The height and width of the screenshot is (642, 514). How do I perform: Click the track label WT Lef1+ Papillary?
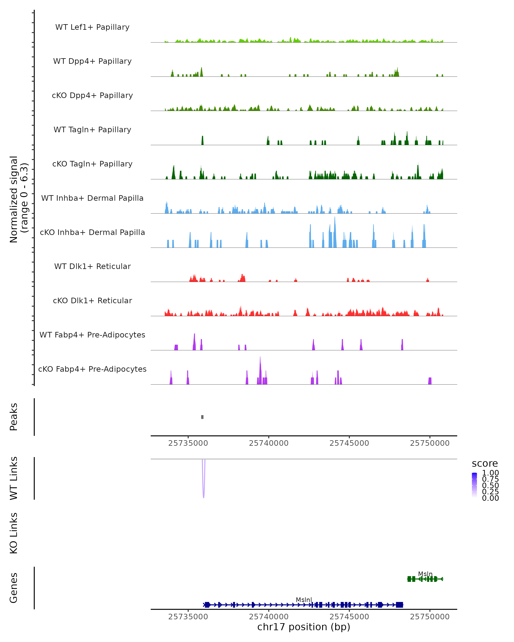(x=92, y=27)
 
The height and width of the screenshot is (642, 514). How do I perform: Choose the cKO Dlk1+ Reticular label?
(x=92, y=300)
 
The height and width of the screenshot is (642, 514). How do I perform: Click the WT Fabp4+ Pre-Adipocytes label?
(x=92, y=335)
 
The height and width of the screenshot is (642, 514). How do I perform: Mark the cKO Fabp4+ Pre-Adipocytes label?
(x=92, y=369)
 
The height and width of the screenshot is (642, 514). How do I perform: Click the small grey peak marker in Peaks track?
(x=202, y=417)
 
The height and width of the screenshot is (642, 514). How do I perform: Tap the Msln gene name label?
(x=425, y=574)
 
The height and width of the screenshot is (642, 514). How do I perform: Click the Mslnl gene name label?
(x=304, y=600)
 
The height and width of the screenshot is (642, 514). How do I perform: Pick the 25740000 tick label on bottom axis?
(x=269, y=617)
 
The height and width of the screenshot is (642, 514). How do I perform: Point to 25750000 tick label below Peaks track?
(x=430, y=443)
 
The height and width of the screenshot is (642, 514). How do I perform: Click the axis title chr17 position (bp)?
(x=304, y=627)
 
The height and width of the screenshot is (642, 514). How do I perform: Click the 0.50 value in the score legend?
(x=490, y=485)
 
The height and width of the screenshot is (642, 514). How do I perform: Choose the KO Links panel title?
(x=14, y=533)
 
